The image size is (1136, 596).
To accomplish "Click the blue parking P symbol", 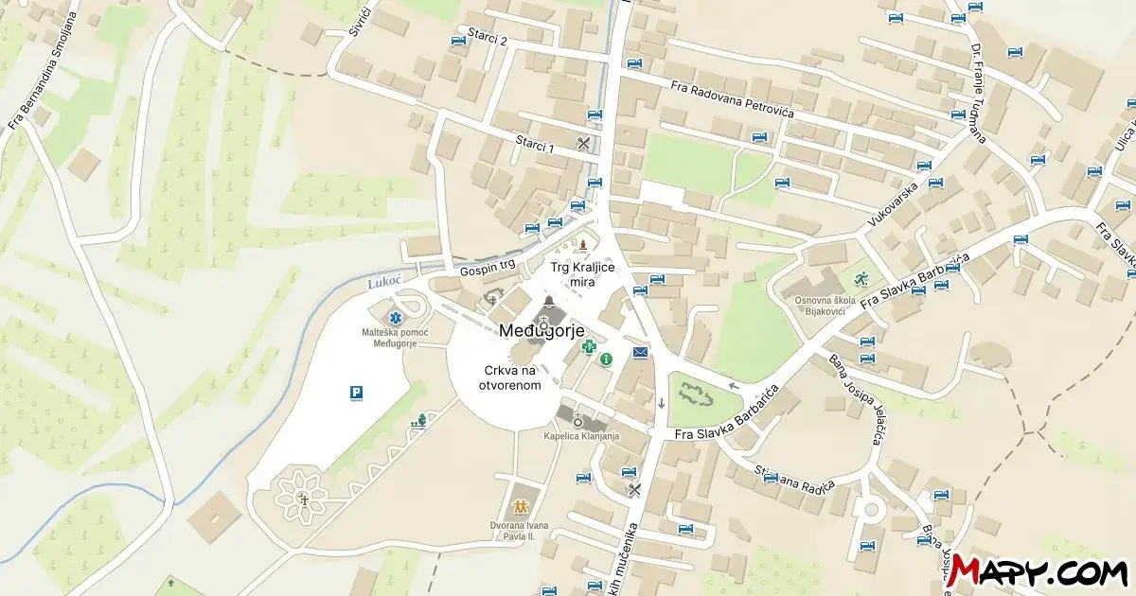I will coord(356,393).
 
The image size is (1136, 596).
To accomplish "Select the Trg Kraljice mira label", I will coord(582,274).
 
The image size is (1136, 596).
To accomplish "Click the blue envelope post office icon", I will coord(641,353).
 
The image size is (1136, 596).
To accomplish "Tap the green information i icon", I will coord(606,359).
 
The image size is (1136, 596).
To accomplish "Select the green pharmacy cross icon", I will coord(588,347).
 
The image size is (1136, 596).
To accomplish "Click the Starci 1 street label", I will coord(535,144).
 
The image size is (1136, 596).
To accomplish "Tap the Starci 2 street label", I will coord(489,41).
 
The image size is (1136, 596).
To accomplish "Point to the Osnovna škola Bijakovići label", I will coord(825,306).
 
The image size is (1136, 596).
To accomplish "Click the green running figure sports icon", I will coord(861,278).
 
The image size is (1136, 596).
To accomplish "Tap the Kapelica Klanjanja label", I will coord(581,436).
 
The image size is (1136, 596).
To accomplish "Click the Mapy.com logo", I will coord(1038,570).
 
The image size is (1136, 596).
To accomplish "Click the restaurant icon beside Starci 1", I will coord(583,144).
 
